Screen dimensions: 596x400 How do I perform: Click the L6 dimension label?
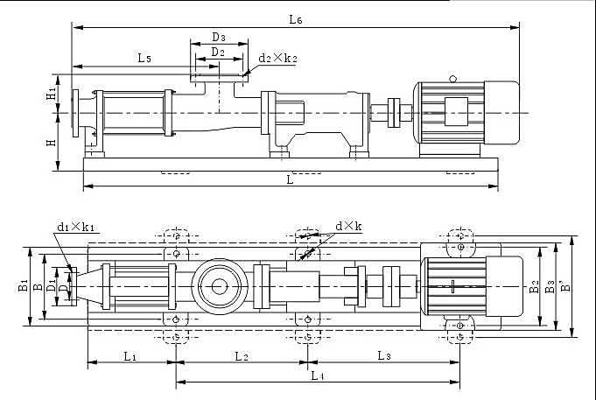295,19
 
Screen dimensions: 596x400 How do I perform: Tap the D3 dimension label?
219,38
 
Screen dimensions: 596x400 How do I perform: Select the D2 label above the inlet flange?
218,52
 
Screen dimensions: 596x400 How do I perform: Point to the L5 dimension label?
144,58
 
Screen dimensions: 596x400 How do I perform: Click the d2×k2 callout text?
277,58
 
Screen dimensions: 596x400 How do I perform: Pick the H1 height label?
52,93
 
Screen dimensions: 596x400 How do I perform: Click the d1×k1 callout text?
75,227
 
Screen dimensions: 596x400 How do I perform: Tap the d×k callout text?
348,226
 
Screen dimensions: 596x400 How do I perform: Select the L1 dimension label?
130,356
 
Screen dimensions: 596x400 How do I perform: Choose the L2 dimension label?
242,356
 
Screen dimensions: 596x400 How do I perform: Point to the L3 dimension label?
384,356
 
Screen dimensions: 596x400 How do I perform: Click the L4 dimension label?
318,376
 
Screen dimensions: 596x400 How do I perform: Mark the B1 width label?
23,285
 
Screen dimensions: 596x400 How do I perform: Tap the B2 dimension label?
534,286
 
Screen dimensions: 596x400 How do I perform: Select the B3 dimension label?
550,286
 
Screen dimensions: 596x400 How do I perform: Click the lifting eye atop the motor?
452,79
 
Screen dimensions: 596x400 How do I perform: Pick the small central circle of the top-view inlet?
220,286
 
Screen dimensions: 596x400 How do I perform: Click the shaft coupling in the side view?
394,113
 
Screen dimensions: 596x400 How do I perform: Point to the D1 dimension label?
51,284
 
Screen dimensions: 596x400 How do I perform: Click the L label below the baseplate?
290,179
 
